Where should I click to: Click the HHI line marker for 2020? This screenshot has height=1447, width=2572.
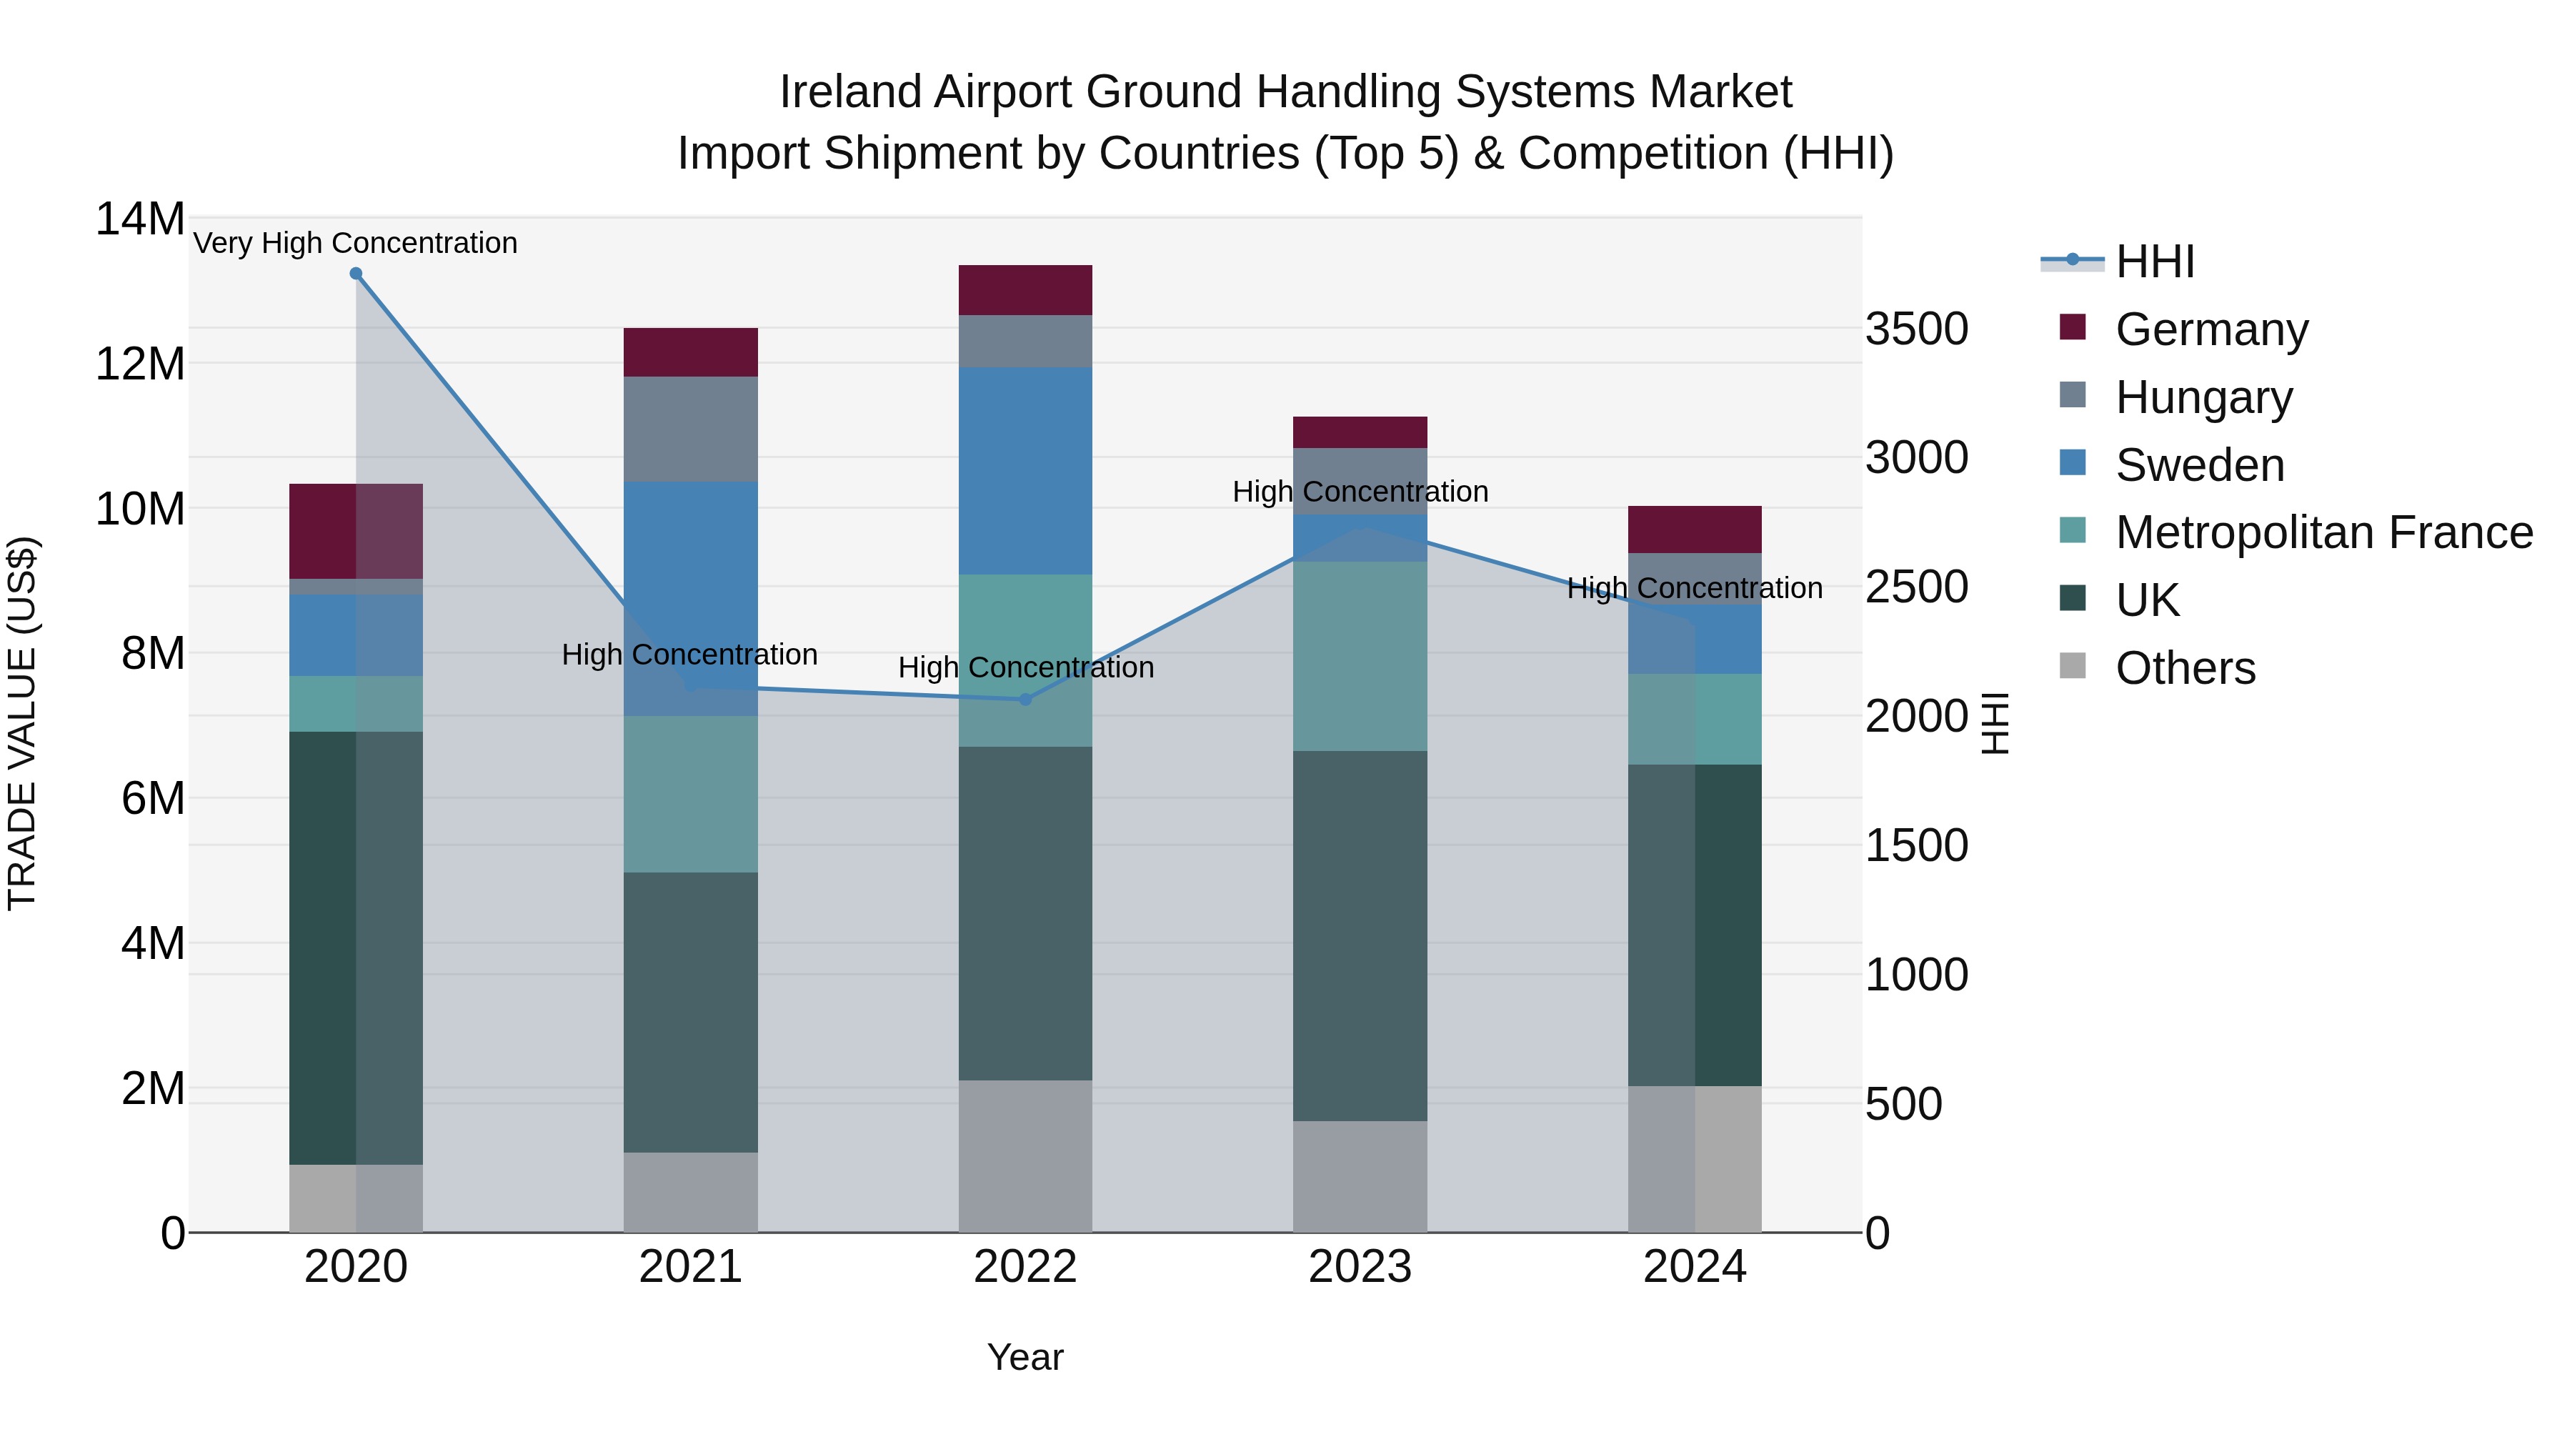click(356, 274)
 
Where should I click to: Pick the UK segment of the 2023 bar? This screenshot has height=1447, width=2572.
click(1359, 935)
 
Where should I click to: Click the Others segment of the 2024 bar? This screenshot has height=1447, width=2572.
click(1695, 1158)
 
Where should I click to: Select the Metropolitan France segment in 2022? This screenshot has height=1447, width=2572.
click(1025, 660)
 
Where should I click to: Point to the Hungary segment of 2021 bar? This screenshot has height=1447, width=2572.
click(690, 429)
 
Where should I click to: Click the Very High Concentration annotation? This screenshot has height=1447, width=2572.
click(356, 243)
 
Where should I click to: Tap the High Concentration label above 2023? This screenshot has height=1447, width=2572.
click(1359, 492)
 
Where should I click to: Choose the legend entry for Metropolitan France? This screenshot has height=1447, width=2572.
click(2323, 532)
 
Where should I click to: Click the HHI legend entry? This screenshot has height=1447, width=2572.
click(2153, 262)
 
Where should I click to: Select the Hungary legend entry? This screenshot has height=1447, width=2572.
click(2203, 397)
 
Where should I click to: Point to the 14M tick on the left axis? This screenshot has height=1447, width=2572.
click(140, 219)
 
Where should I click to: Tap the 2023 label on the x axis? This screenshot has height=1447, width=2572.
click(1359, 1267)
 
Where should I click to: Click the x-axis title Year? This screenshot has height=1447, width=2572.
click(1025, 1357)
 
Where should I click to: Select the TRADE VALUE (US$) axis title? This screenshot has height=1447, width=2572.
click(22, 723)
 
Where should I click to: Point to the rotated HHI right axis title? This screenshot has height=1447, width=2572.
click(1994, 723)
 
